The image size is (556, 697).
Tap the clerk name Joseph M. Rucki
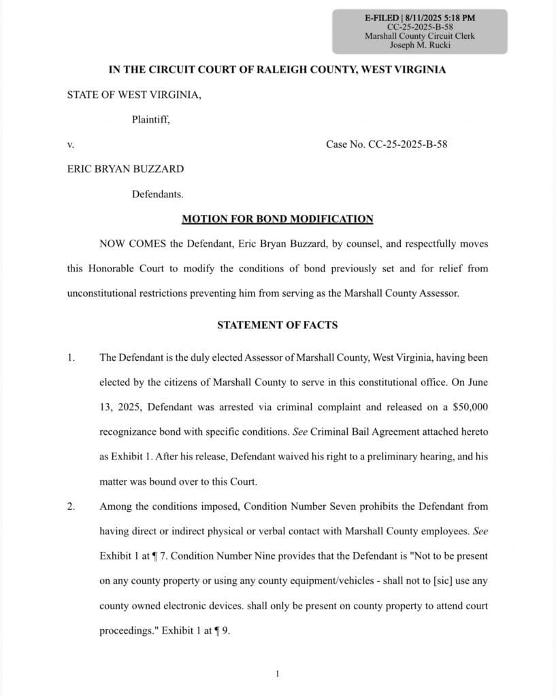point(420,45)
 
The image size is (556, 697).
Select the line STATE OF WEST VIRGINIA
point(134,95)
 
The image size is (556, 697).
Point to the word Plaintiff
point(150,120)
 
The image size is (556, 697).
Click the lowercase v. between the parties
point(70,144)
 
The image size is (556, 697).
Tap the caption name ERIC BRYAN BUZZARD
point(125,169)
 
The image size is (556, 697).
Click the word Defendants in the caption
point(157,194)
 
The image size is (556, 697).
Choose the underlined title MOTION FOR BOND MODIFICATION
point(278,218)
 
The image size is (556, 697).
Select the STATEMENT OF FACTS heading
point(277,325)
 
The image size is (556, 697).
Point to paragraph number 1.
point(71,357)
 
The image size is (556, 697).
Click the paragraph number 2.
point(71,506)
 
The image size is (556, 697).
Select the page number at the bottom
point(278,674)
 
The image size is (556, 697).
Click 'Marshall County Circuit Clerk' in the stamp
point(420,35)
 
